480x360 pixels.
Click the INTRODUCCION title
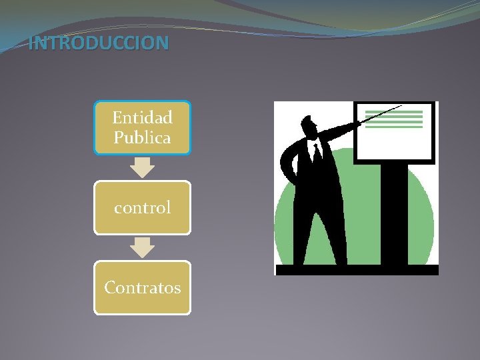click(x=99, y=44)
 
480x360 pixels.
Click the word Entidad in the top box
click(x=142, y=118)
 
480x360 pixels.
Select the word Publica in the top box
click(x=142, y=138)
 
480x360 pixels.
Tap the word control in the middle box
click(x=142, y=208)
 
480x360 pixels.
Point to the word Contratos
click(x=142, y=288)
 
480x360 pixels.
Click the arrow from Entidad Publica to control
click(x=142, y=167)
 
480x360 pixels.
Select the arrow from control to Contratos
click(x=142, y=247)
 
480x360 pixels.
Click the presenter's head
click(x=309, y=126)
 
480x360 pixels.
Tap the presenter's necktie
click(x=317, y=153)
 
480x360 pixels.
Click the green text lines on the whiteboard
click(x=394, y=119)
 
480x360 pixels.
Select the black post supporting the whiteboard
click(x=394, y=213)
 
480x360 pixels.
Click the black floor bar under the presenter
click(x=357, y=270)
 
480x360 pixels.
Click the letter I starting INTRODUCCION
click(x=31, y=44)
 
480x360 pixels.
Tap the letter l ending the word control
click(x=169, y=207)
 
